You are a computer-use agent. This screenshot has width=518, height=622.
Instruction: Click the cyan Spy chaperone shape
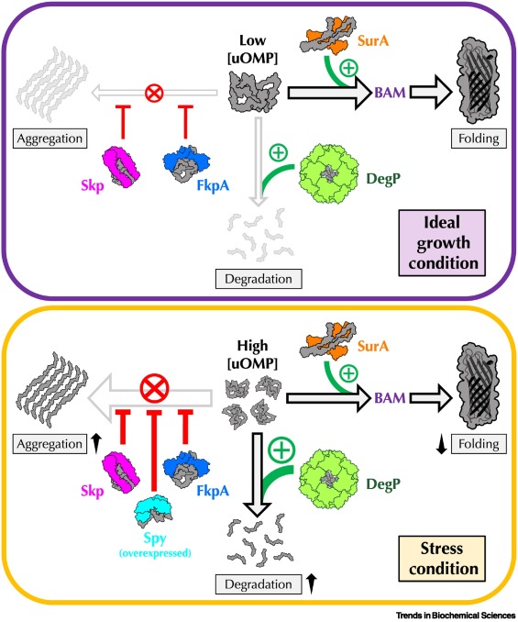tap(152, 509)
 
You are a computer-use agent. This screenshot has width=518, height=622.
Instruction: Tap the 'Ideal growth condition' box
tap(442, 243)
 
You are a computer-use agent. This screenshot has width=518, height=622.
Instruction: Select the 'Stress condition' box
tap(442, 559)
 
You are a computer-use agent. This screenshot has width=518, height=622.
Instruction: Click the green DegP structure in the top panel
tap(328, 173)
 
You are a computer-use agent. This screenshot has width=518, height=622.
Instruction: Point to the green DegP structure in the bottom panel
tap(328, 479)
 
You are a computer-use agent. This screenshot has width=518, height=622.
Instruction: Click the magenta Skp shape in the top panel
tap(121, 166)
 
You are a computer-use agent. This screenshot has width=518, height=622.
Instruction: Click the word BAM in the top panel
tap(390, 93)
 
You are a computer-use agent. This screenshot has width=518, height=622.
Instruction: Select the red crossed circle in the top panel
tap(154, 94)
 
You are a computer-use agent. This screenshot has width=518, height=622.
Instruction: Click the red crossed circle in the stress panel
tap(155, 387)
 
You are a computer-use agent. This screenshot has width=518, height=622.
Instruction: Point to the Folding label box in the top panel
tap(479, 139)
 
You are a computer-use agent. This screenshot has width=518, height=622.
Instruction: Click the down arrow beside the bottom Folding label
tap(442, 444)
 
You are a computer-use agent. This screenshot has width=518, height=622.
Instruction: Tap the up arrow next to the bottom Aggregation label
tap(95, 443)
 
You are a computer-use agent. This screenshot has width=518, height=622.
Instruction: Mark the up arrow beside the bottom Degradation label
tap(312, 583)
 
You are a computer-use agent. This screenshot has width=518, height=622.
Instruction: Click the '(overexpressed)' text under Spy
tap(155, 553)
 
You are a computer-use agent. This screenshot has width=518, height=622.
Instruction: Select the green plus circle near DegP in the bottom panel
tap(281, 450)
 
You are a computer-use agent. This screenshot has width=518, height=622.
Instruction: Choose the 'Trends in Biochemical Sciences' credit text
tap(456, 616)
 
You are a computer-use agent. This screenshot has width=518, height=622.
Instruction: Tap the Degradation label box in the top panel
tap(259, 279)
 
